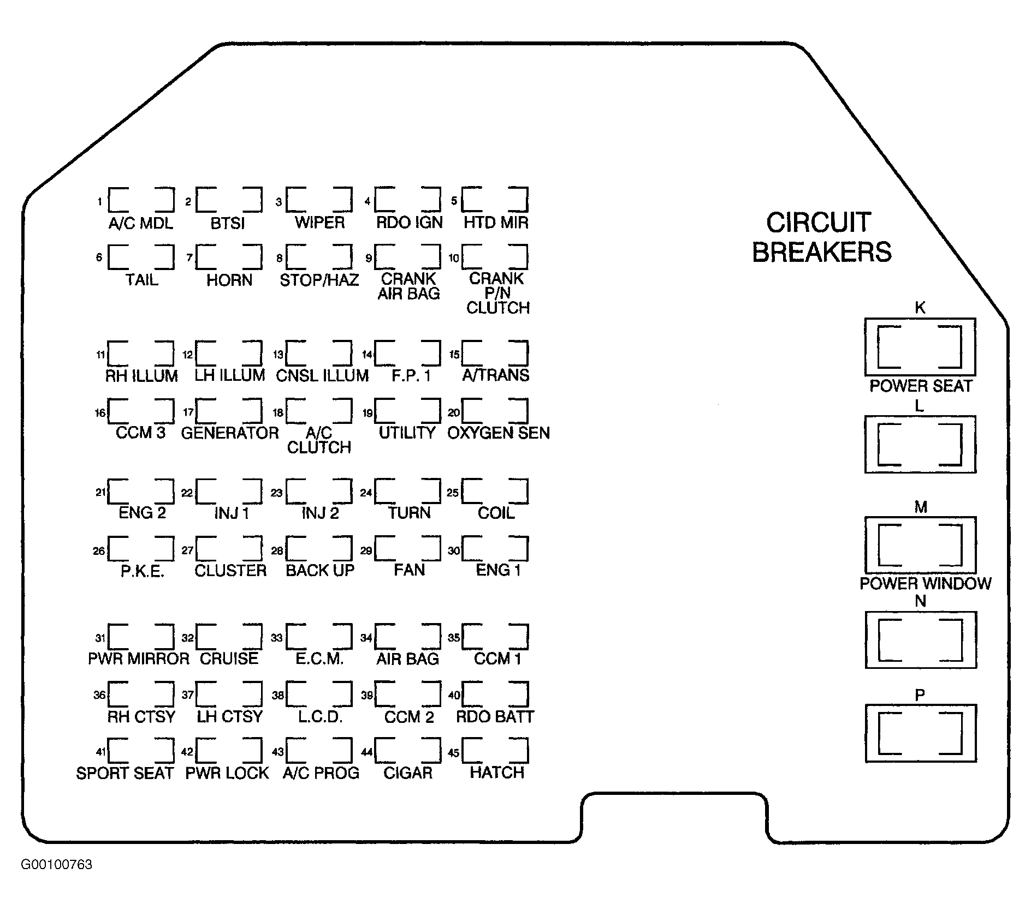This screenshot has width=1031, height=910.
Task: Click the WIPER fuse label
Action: tap(320, 223)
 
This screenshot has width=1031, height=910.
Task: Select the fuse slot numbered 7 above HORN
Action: tap(229, 257)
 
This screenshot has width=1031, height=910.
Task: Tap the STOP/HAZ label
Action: tap(319, 280)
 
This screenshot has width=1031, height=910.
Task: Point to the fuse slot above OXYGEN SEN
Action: tap(495, 411)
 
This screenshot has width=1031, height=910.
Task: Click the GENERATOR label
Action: tap(230, 433)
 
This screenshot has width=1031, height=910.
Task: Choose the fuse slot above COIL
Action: tap(495, 492)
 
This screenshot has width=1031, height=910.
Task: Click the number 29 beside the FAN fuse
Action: tap(366, 551)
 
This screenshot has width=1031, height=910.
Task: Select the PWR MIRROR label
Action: tap(139, 658)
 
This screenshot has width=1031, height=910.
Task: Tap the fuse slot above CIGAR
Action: tap(407, 751)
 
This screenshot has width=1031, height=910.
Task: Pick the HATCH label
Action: tap(497, 773)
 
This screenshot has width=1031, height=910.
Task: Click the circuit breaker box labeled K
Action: tap(920, 347)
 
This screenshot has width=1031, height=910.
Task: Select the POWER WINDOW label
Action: tap(926, 583)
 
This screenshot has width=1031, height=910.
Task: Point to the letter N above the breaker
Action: tap(921, 601)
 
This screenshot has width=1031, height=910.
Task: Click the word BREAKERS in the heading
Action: tap(822, 252)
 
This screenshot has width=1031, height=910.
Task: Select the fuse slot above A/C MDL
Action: tap(141, 200)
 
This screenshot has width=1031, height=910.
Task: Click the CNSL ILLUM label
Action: tap(322, 375)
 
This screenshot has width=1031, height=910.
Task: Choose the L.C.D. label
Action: tap(320, 716)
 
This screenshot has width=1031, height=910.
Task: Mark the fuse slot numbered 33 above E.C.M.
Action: tap(319, 637)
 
